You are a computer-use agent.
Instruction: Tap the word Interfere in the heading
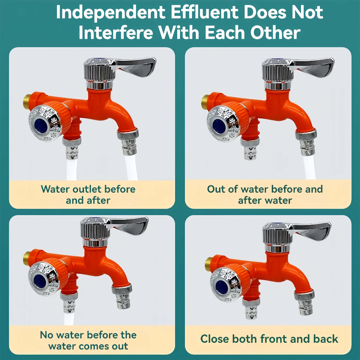[x=116, y=33]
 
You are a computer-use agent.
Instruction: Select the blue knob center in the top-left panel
[x=41, y=126]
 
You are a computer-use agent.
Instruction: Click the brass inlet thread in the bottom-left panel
[x=27, y=258]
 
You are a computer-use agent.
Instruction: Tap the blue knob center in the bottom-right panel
[x=221, y=287]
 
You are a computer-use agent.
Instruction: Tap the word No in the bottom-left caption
[x=47, y=335]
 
